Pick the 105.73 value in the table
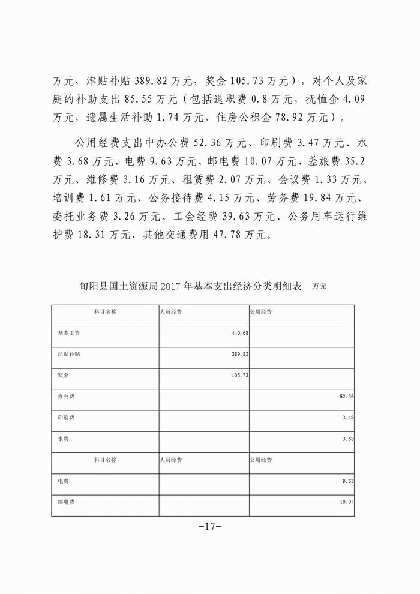click(x=239, y=376)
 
